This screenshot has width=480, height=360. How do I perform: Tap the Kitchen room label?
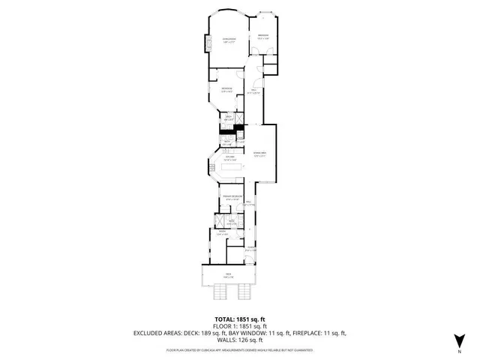230,157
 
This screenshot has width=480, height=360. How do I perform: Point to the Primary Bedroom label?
231,197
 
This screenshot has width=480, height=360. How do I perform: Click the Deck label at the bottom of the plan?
228,276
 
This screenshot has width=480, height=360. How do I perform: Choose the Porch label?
252,249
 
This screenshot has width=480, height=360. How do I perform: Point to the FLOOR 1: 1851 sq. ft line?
239,326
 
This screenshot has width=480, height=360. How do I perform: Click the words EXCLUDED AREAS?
158,333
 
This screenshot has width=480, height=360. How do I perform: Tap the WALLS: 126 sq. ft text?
239,340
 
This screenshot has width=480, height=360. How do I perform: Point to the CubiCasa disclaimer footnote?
239,350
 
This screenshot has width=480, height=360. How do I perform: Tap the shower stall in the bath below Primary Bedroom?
219,220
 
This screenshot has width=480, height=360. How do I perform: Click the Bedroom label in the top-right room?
263,36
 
